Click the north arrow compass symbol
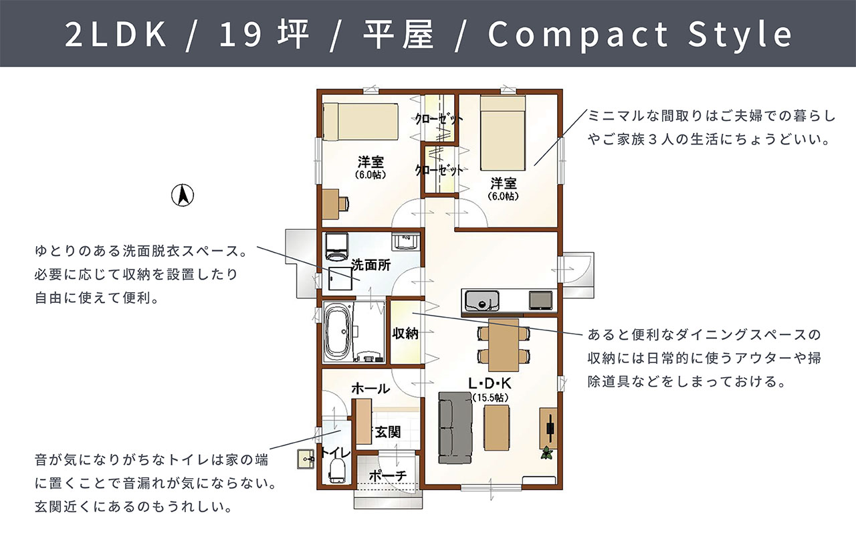(183, 195)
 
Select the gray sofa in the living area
(455, 427)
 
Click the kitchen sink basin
(482, 301)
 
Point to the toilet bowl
(337, 470)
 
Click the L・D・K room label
(490, 383)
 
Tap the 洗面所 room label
(370, 265)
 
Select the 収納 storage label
(405, 333)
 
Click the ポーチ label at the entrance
(388, 476)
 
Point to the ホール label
(370, 389)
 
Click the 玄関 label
(388, 432)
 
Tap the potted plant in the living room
(547, 453)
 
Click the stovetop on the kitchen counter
(540, 300)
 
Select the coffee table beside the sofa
(496, 427)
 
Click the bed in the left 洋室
(360, 122)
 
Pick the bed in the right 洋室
(502, 133)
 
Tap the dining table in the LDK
(504, 345)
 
